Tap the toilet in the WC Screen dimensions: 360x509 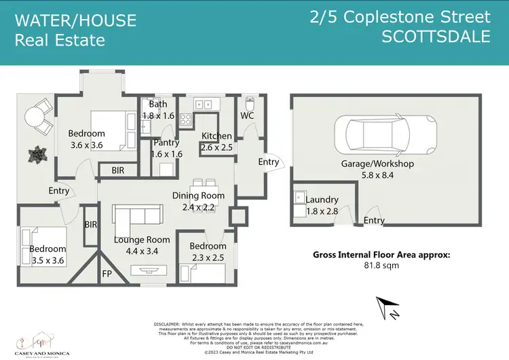(x=248, y=107)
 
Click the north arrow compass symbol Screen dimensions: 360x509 (x=387, y=306)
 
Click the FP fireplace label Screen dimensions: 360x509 (x=107, y=274)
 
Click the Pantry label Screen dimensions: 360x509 (x=167, y=143)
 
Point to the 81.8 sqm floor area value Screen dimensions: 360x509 (x=381, y=266)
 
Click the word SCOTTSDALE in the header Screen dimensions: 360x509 (x=436, y=37)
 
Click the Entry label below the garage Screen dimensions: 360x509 (x=374, y=221)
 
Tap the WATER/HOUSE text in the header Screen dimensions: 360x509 (x=75, y=21)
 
